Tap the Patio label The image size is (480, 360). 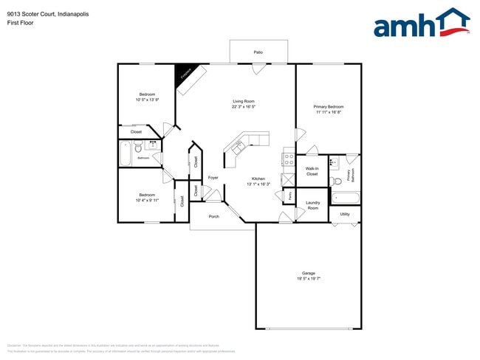258,52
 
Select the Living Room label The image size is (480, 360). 244,101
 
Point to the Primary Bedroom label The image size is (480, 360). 329,107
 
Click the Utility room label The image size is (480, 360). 345,214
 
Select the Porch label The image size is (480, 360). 214,216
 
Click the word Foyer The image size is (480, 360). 213,178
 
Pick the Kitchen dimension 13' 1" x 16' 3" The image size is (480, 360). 258,184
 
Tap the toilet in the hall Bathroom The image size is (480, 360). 138,147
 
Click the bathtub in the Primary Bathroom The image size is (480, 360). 345,198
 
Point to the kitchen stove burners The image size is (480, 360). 289,157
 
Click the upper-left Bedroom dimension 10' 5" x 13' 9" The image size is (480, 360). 148,100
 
